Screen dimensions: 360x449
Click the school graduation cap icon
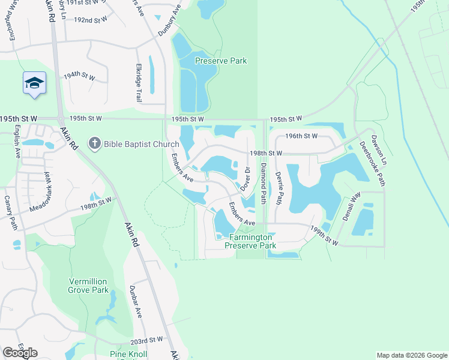coord(34,83)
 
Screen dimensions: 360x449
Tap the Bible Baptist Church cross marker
coord(94,143)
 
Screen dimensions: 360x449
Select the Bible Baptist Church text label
coord(141,144)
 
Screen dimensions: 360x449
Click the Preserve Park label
coord(221,61)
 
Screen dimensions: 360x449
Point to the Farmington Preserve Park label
coord(250,241)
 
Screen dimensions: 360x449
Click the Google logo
coord(20,353)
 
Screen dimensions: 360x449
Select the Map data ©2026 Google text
coord(411,355)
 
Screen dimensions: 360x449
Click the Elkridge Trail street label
coord(139,82)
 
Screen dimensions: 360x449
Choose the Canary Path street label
coord(10,212)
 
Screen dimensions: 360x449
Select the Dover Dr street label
coord(246,180)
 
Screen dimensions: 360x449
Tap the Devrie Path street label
coord(278,189)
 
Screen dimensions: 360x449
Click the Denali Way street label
coord(351,206)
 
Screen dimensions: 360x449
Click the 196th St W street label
coord(301,136)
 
